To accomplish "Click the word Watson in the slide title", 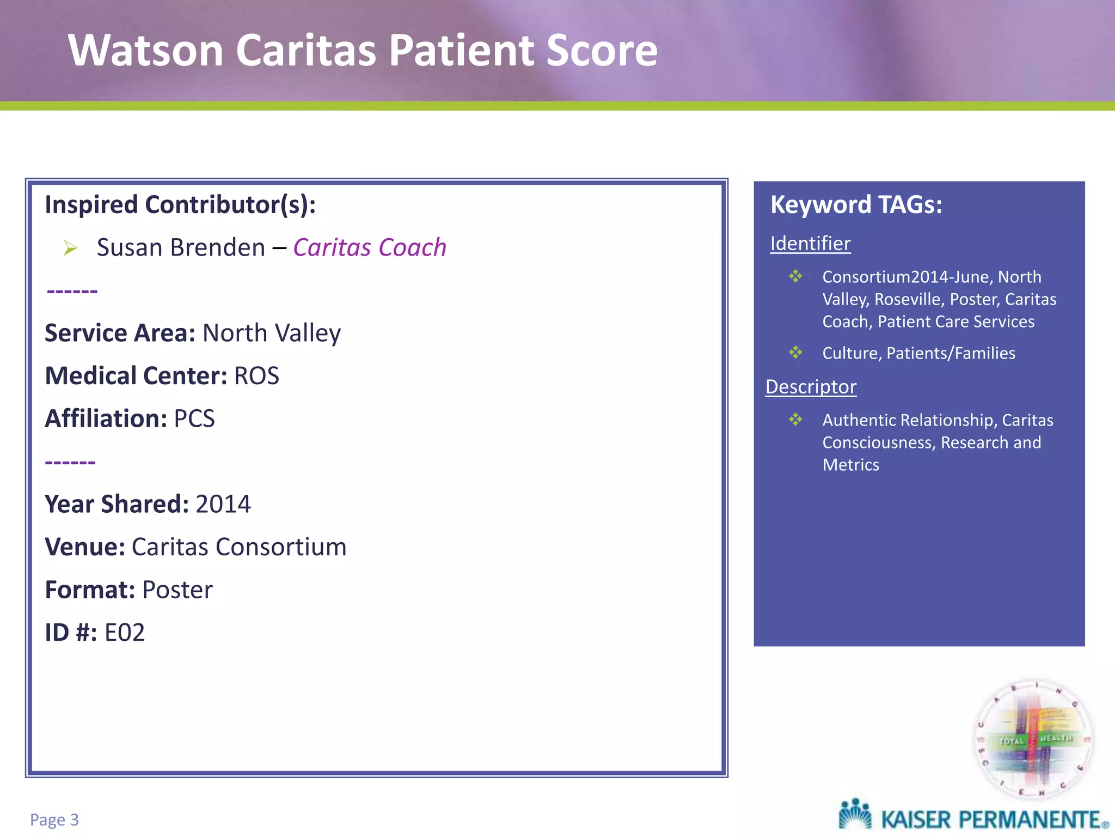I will [x=146, y=51].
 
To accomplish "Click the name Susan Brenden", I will [x=181, y=247].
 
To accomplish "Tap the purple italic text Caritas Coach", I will [x=370, y=247].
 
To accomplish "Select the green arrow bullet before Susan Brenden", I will [x=70, y=248].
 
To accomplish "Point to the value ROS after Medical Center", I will [x=256, y=376].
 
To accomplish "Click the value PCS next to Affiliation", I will [x=194, y=419].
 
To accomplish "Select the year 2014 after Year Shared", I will [x=223, y=504].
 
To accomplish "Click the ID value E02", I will [x=125, y=633].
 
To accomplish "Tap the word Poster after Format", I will [x=177, y=590].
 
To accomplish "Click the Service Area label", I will [x=120, y=333].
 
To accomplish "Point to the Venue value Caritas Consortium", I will [x=239, y=547].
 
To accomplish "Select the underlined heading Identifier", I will [x=810, y=244].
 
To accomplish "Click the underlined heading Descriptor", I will [x=811, y=387].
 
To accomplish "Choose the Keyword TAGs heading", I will [x=856, y=205].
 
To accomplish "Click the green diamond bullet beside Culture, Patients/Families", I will [x=795, y=353].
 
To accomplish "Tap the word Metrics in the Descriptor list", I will [x=850, y=465].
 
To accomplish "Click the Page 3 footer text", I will [x=54, y=820].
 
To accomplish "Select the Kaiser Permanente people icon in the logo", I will [x=855, y=815].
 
